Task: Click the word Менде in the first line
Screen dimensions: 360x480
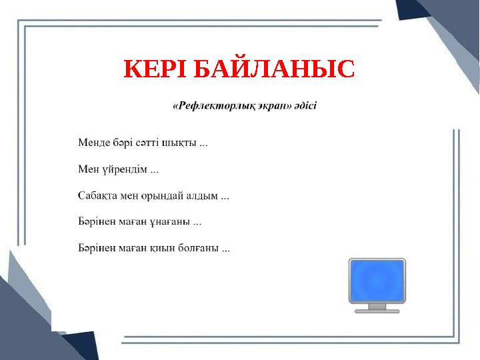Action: coord(91,142)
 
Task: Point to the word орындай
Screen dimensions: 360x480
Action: coord(160,196)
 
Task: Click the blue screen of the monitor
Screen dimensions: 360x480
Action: coord(377,280)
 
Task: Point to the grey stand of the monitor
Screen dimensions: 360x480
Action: coord(377,307)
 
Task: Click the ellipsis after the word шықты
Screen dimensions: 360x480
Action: coord(203,143)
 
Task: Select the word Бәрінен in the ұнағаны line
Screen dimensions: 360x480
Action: coord(95,223)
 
